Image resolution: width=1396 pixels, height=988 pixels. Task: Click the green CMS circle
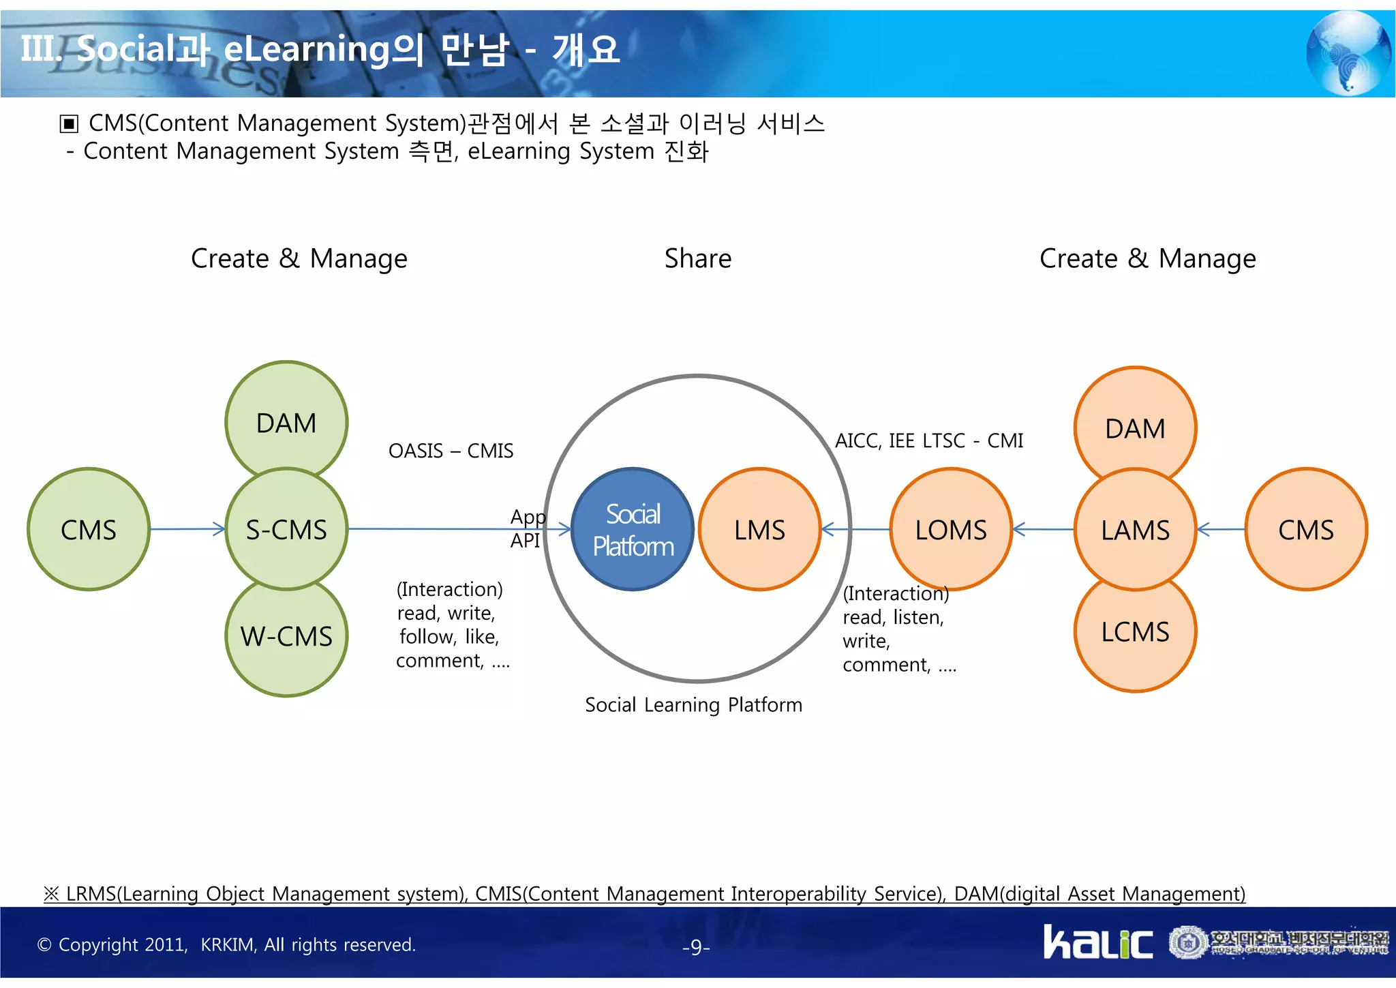pos(89,529)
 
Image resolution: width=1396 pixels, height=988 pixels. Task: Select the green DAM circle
pos(286,419)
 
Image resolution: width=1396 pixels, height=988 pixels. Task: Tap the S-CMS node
pos(286,529)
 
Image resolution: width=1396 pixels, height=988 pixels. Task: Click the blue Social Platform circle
pos(633,529)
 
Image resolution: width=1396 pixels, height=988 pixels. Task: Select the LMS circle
pos(759,529)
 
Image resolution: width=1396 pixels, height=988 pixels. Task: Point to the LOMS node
pos(950,529)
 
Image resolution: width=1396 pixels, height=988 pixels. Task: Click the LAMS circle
pos(1135,529)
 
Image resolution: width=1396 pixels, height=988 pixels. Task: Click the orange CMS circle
pos(1305,529)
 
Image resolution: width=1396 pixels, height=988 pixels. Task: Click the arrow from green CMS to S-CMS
pos(187,529)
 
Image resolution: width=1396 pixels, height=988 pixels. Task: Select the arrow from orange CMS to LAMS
pos(1221,529)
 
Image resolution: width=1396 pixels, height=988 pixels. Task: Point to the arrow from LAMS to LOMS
pos(1043,529)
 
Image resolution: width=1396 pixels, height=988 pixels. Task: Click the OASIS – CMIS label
pos(451,451)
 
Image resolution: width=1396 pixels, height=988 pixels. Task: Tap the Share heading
pos(697,258)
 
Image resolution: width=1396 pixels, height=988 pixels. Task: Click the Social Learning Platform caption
pos(693,704)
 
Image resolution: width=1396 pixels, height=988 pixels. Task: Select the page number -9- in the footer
pos(696,947)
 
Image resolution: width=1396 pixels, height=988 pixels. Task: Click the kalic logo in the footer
pos(1097,942)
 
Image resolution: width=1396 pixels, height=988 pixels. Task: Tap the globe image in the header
pos(1348,53)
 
